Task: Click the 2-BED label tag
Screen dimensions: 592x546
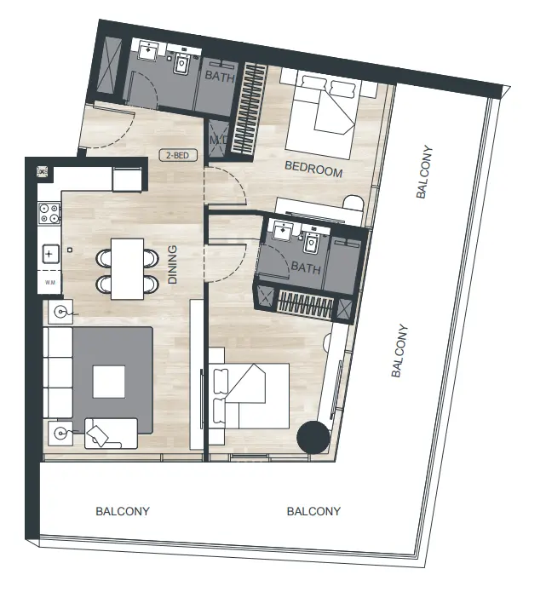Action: point(177,156)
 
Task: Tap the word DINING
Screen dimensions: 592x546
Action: point(173,264)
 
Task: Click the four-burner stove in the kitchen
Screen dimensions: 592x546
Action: point(48,214)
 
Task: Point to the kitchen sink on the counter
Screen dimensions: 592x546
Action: point(49,253)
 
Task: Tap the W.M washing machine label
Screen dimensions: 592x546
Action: point(49,282)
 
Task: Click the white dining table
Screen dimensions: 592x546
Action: point(128,268)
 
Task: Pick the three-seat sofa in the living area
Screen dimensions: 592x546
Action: point(58,372)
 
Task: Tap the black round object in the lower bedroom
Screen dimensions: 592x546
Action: point(313,438)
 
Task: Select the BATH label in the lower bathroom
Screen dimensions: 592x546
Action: point(306,268)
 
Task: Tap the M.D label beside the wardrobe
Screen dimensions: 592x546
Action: point(216,140)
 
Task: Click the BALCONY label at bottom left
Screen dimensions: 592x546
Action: point(122,512)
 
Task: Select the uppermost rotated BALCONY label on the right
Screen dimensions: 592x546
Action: point(425,173)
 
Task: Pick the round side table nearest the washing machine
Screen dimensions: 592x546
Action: point(60,313)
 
